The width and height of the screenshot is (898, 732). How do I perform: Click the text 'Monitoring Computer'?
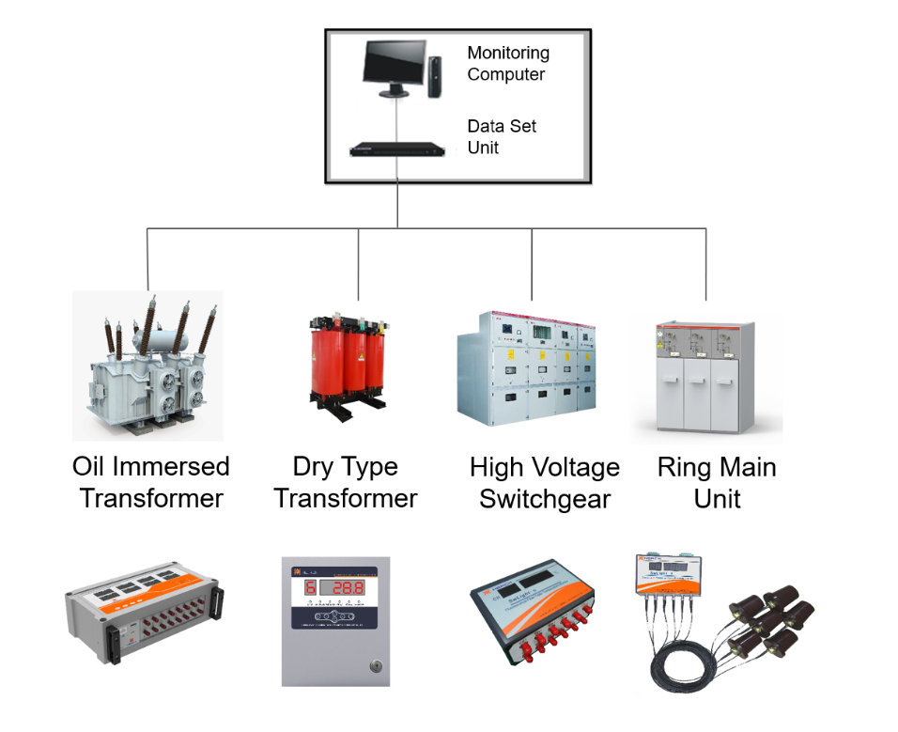click(x=507, y=64)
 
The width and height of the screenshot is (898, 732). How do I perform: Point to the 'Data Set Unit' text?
click(x=502, y=136)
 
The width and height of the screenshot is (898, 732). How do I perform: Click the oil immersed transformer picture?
click(x=147, y=366)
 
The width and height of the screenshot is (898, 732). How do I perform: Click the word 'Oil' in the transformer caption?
click(x=90, y=467)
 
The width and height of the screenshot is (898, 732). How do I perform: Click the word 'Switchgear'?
click(x=545, y=499)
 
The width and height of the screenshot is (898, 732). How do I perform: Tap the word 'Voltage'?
click(x=573, y=467)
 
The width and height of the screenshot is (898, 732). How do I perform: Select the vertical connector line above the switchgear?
click(x=532, y=263)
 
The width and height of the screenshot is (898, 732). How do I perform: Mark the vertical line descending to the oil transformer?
click(x=147, y=257)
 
